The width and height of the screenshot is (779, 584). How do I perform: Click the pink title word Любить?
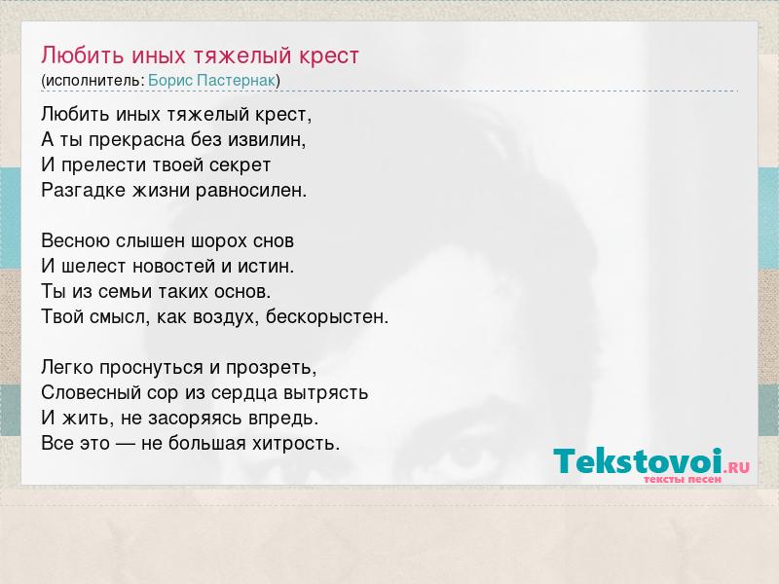[x=83, y=55]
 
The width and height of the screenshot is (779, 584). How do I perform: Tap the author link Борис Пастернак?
[x=211, y=81]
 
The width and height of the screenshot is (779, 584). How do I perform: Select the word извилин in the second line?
[x=267, y=139]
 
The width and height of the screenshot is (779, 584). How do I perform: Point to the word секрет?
[x=240, y=165]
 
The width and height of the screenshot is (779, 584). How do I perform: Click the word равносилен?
[x=251, y=190]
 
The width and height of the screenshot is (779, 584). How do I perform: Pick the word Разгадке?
[x=84, y=190]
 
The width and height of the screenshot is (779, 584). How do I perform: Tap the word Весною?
[x=76, y=240]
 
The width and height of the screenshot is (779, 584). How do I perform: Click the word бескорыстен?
[x=327, y=316]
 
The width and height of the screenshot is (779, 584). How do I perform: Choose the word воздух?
[x=226, y=317]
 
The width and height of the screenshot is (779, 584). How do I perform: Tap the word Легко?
[x=67, y=368]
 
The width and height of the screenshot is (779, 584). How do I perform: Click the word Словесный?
[x=92, y=393]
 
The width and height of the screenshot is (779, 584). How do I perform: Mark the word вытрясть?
[x=326, y=393]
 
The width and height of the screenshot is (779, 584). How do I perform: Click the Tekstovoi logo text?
[x=638, y=461]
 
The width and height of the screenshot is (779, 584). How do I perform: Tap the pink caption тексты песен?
[x=683, y=480]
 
